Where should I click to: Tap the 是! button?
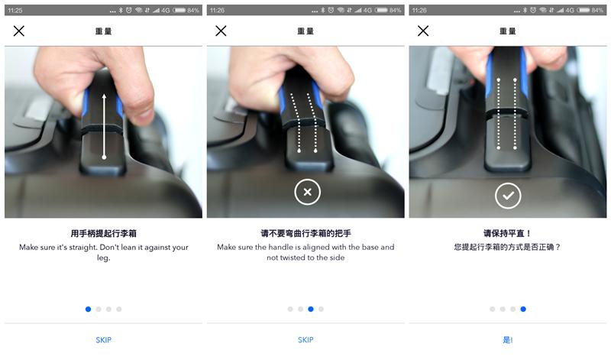508,339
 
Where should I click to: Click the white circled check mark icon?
508,196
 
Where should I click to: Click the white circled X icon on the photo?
307,193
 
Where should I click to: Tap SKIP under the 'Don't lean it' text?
103,339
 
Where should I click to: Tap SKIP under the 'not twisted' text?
305,339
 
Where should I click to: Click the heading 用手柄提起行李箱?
103,233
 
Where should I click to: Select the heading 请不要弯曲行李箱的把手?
305,233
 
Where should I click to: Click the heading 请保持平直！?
507,233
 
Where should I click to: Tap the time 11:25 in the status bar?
15,10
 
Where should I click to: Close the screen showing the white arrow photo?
19,31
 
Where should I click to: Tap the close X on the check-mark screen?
423,31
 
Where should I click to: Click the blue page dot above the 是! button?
523,310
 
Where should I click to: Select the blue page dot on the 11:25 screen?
88,310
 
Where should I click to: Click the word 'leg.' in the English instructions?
103,258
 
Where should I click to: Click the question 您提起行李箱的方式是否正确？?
507,248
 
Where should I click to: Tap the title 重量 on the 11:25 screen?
103,31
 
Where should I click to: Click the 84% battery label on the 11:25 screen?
193,10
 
